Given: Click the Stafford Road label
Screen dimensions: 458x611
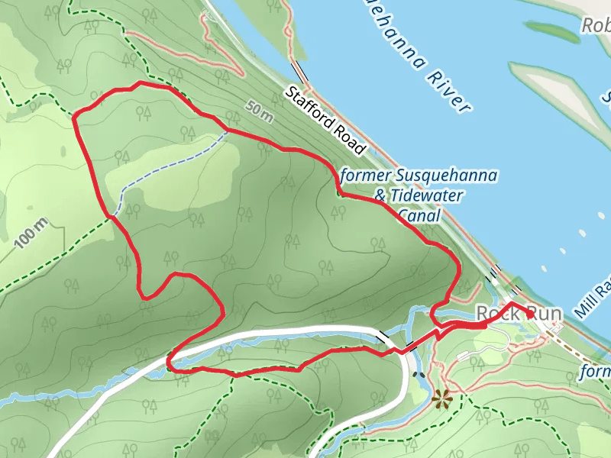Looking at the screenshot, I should coord(327,119).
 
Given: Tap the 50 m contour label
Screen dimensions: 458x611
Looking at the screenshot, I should coord(260,112).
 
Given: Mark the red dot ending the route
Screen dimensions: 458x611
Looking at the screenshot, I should coord(529,314).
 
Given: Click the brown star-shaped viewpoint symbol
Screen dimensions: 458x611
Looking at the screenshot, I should coord(441,398).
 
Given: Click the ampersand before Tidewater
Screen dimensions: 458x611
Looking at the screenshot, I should coord(380,196).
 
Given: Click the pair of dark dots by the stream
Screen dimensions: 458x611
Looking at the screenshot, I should coord(419,375).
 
